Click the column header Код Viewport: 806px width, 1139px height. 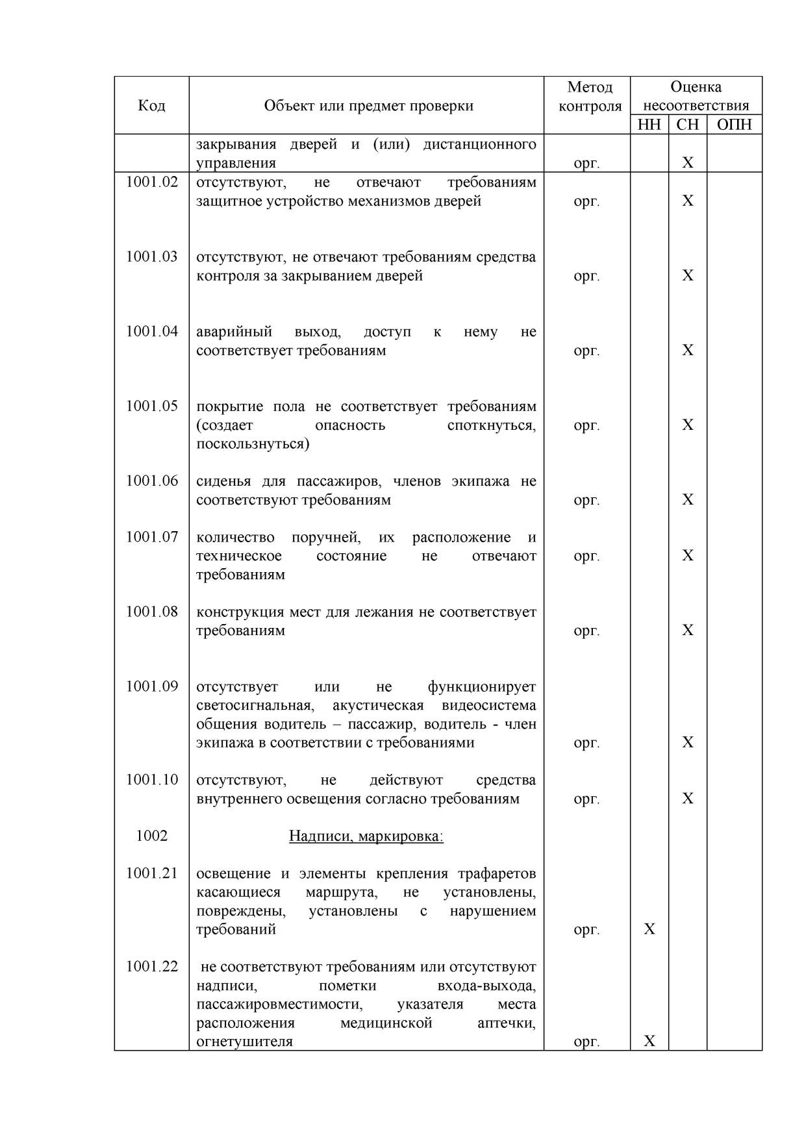point(151,106)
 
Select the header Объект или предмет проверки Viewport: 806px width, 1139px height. point(368,106)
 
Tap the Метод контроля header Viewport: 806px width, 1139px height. point(590,96)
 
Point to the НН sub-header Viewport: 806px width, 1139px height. point(649,125)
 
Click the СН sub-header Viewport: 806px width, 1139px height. point(687,125)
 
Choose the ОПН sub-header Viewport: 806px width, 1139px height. point(734,125)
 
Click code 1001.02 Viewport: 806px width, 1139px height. point(151,182)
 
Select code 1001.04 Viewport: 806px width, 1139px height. point(151,331)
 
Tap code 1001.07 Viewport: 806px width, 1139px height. point(151,537)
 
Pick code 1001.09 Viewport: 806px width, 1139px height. point(151,686)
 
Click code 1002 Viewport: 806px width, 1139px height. point(151,836)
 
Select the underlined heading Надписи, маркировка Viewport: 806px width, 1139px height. point(366,836)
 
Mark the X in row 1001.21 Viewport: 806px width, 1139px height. point(649,929)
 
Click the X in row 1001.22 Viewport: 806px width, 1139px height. point(649,1041)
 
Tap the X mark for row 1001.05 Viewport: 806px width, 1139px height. point(688,425)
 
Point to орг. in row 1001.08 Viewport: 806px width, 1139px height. point(586,631)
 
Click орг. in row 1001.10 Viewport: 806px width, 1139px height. point(586,799)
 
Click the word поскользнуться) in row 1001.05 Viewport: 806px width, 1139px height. point(253,444)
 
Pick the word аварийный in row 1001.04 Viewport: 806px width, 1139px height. point(234,332)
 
